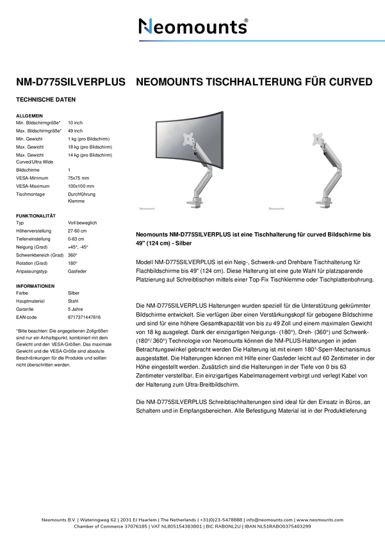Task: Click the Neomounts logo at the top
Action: (x=193, y=26)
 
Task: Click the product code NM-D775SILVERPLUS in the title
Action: (x=70, y=83)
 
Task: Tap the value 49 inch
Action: (x=76, y=130)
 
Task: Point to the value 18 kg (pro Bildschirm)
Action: (x=89, y=147)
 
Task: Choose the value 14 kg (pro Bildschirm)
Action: (x=89, y=155)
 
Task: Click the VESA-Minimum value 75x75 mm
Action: (x=79, y=178)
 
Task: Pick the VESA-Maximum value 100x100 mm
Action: (x=81, y=186)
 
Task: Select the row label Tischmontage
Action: (x=29, y=194)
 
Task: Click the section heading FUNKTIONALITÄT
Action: (x=36, y=215)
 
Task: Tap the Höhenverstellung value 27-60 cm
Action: (x=77, y=231)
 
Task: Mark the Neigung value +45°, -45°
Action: (x=78, y=247)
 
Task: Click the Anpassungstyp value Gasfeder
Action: (x=77, y=271)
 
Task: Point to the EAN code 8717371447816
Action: (x=84, y=317)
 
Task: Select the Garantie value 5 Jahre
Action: (x=76, y=308)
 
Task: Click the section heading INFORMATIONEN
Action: (x=35, y=285)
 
